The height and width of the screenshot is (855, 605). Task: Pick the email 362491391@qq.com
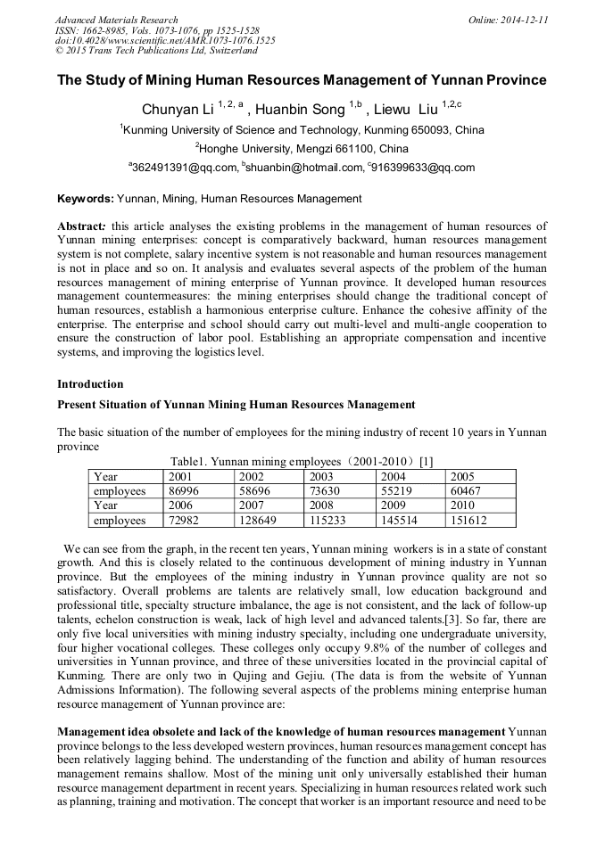(x=186, y=168)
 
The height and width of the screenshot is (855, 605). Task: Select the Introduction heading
(x=90, y=384)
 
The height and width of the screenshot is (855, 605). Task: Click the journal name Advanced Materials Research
(x=117, y=20)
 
